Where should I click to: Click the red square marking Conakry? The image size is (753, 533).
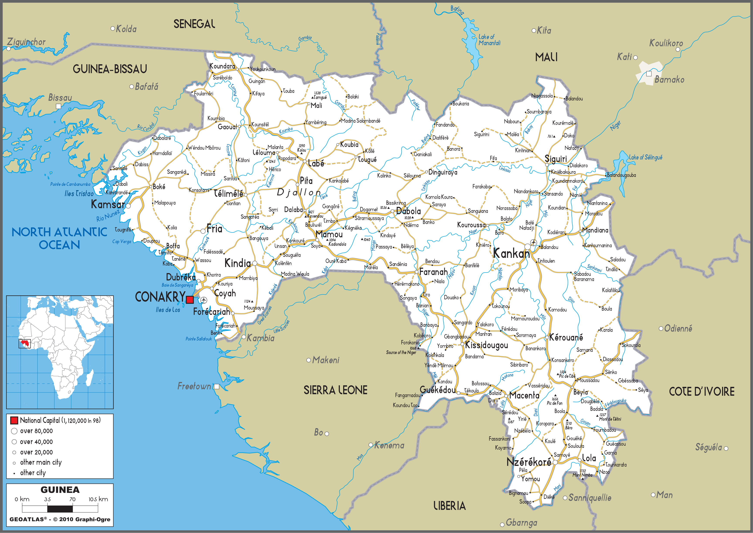coord(190,299)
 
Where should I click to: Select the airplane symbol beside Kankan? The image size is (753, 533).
coord(533,243)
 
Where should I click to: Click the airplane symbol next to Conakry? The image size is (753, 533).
coord(204,300)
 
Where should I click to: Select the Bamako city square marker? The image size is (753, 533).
coord(649,74)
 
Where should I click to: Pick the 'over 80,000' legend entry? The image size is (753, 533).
coord(36,431)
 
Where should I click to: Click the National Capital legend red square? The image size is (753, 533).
coord(14,420)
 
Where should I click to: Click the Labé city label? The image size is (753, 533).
coord(316,163)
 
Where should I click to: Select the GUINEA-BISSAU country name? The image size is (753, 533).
coord(110,69)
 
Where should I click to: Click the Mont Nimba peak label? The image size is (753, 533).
coord(582,475)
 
